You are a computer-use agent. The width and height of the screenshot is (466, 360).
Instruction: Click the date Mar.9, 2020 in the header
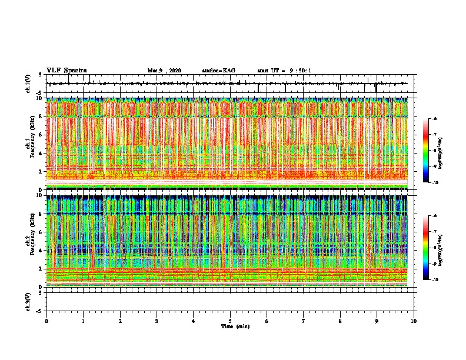[164, 71]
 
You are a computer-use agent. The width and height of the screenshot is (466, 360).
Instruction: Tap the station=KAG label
[218, 71]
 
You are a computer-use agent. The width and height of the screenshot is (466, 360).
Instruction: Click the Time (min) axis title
[235, 326]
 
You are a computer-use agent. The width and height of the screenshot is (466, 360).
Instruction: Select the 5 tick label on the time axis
[230, 321]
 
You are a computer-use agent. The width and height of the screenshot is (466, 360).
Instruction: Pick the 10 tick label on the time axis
[414, 321]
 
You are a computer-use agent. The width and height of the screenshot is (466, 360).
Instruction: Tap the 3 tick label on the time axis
[157, 321]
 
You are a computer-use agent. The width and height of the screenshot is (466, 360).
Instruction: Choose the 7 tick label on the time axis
[304, 321]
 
